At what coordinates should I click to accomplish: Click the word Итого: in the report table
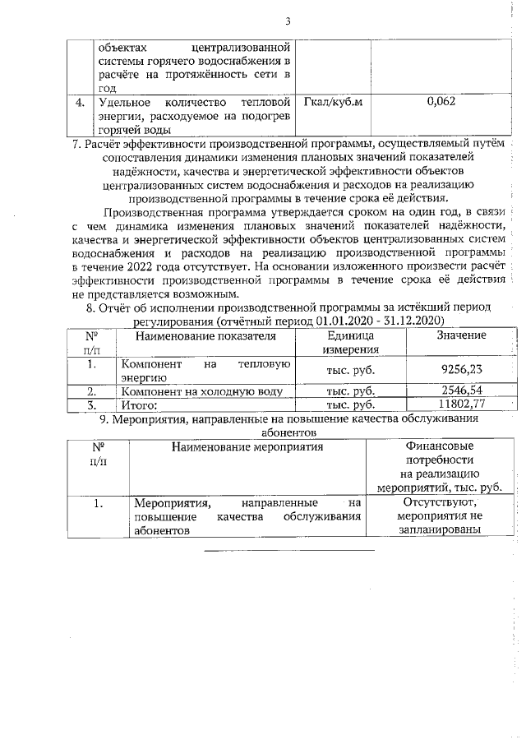point(139,404)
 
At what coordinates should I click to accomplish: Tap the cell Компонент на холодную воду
point(201,390)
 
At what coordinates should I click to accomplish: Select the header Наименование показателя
point(205,335)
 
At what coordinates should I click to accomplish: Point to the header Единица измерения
point(351,343)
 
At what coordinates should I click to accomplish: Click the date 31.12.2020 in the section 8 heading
point(412,320)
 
